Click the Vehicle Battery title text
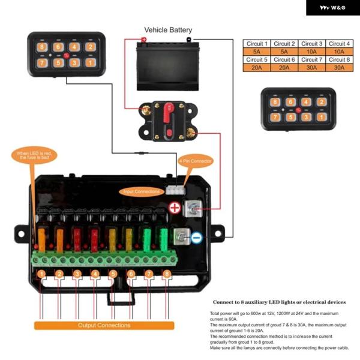pos(168,29)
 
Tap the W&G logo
pos(332,7)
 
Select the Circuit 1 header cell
pos(257,44)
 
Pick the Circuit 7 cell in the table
pos(312,59)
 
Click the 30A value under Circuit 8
pos(339,67)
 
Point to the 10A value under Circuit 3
pos(312,52)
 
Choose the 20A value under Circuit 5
pos(257,67)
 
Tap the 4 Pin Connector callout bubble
pos(196,161)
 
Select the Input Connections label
pos(142,191)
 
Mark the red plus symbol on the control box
pos(175,208)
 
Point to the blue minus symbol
pos(197,238)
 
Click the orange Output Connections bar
pos(104,325)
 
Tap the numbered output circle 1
pos(41,275)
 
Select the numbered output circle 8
pos(167,275)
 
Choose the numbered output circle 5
pos(113,275)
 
